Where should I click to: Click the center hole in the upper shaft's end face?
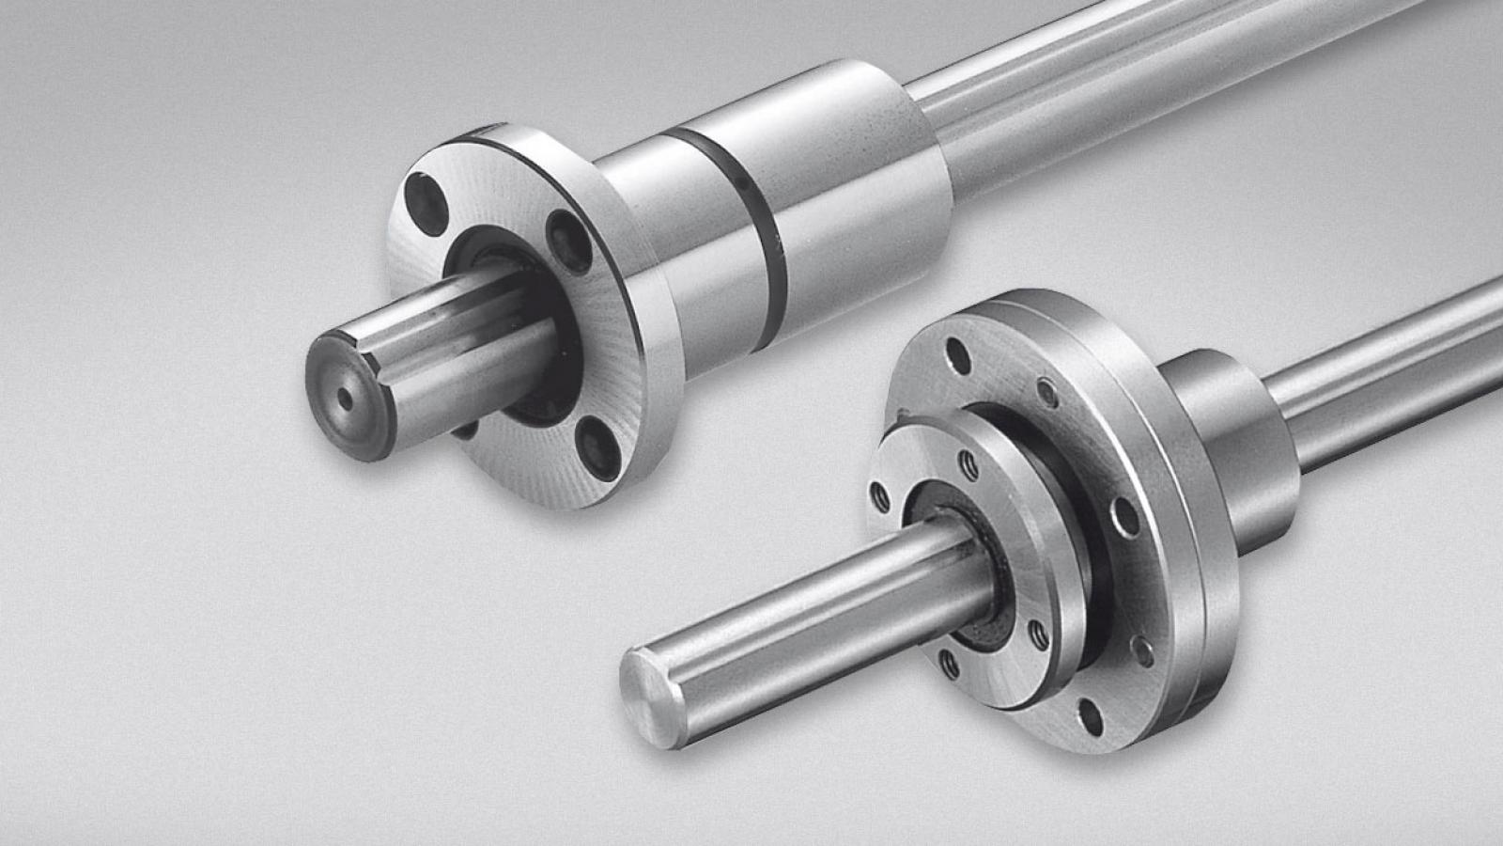pyautogui.click(x=347, y=399)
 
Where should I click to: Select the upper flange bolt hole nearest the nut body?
pyautogui.click(x=569, y=242)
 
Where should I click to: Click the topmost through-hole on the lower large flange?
pyautogui.click(x=957, y=355)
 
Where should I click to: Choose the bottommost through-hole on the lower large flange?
pyautogui.click(x=1091, y=716)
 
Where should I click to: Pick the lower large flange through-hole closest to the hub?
pyautogui.click(x=1123, y=516)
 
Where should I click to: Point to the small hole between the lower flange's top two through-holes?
pyautogui.click(x=1047, y=393)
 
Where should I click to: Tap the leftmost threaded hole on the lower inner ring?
pyautogui.click(x=880, y=495)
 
